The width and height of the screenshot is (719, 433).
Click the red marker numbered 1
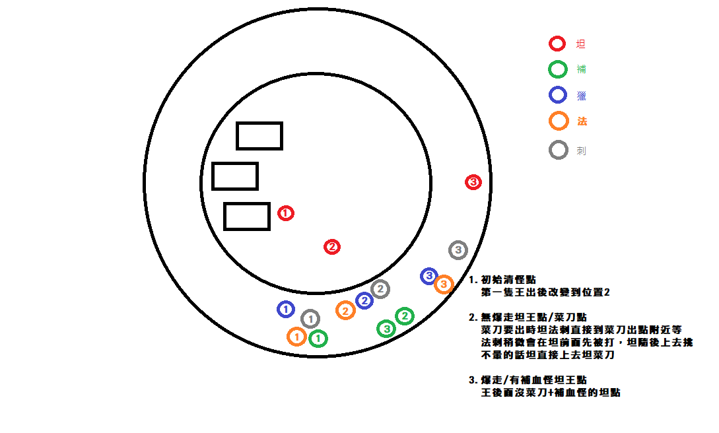tap(285, 213)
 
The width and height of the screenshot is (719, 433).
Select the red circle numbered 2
tap(332, 247)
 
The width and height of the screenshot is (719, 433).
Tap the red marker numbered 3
tap(473, 182)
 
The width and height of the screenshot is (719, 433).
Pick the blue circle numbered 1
tap(285, 308)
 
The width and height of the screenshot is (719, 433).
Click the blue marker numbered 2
tap(364, 300)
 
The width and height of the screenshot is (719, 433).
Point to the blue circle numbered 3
tap(428, 276)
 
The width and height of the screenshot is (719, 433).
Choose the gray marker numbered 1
tap(310, 319)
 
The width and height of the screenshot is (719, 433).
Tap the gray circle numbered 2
tap(380, 288)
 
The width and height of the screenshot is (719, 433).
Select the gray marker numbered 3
tap(458, 250)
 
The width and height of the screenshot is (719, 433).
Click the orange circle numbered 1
tap(297, 337)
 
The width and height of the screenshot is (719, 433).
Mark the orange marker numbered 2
tap(345, 310)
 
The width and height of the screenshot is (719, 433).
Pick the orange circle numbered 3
tap(444, 284)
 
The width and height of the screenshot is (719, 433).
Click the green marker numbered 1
tap(318, 338)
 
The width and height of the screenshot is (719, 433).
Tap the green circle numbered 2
tap(405, 316)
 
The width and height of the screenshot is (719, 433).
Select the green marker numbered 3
tap(386, 327)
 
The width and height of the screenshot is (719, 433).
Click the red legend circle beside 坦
tap(557, 44)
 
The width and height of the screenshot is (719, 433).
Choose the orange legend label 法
tap(582, 121)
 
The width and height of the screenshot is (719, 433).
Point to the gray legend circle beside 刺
tap(559, 150)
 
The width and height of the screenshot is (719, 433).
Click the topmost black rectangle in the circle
tap(259, 135)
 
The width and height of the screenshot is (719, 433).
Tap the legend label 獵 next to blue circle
tap(581, 96)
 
